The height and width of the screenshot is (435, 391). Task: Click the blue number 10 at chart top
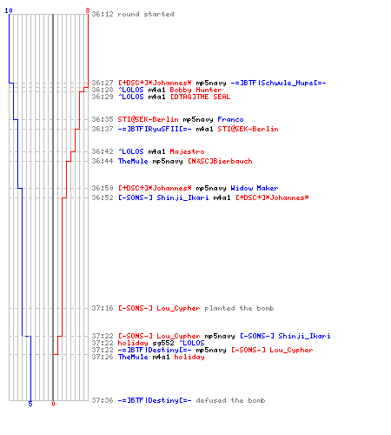(x=9, y=10)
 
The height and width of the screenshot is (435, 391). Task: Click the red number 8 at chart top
(x=88, y=10)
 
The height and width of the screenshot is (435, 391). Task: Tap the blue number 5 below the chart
(x=30, y=404)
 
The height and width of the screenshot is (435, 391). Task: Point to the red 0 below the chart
(x=53, y=404)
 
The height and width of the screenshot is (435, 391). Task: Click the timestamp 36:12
(x=103, y=14)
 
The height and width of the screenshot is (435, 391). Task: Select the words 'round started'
(x=146, y=14)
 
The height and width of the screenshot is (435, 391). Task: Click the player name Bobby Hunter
(x=195, y=90)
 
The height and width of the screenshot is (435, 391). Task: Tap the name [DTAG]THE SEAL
(x=200, y=97)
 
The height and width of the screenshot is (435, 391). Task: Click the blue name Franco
(x=230, y=119)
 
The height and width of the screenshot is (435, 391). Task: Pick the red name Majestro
(x=187, y=151)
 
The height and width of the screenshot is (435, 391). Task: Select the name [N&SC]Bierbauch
(x=220, y=161)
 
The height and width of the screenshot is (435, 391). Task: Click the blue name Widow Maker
(x=255, y=188)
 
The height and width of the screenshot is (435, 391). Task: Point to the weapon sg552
(x=163, y=344)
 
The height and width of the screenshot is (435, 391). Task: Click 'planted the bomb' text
(x=239, y=308)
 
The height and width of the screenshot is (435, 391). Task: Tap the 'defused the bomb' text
(x=230, y=400)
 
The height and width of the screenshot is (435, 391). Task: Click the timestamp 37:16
(x=103, y=308)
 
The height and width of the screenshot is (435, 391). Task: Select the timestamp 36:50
(x=103, y=188)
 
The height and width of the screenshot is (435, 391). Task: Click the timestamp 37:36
(x=103, y=400)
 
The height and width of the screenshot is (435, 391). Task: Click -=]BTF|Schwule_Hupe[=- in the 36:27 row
(x=278, y=83)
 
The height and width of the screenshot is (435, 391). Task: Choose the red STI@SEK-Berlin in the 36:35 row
(x=148, y=119)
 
